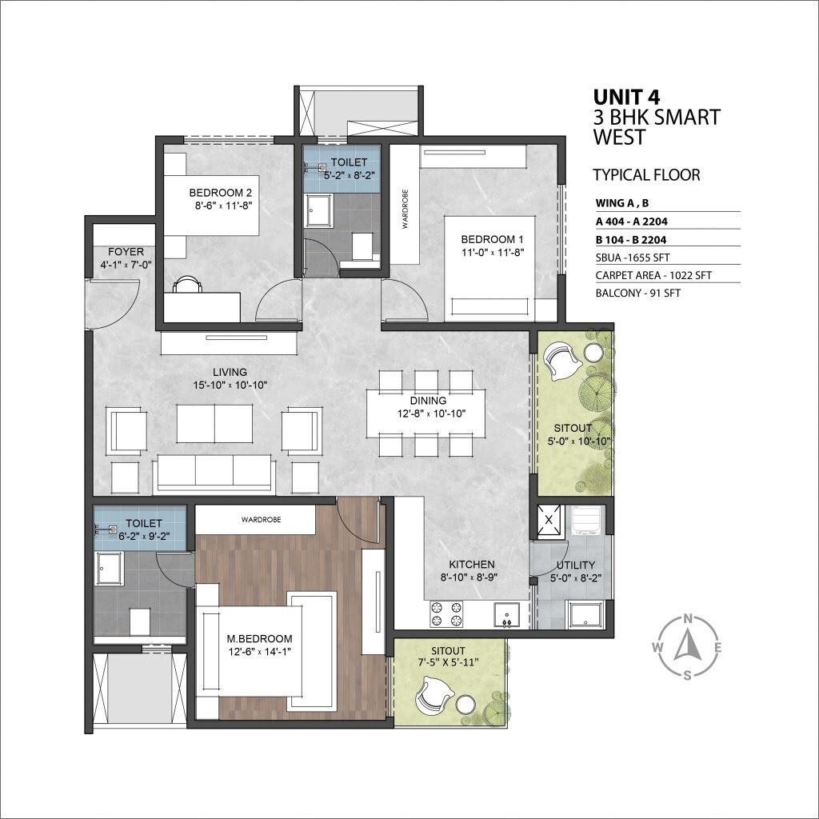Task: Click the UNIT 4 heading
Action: coord(626,97)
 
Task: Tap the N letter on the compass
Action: coord(686,618)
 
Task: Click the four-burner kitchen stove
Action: coord(446,613)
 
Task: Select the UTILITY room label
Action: coord(574,565)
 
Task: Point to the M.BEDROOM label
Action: coord(259,639)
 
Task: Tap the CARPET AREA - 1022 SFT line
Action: coord(653,275)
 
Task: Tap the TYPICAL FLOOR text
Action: coord(646,174)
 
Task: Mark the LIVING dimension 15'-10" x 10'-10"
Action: coord(229,385)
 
